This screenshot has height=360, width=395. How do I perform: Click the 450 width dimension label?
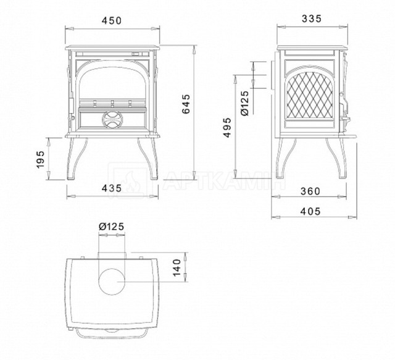click(112, 20)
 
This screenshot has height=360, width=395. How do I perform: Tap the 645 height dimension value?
click(186, 104)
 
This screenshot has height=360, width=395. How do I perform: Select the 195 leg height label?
click(40, 159)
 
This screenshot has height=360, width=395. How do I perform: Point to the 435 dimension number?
click(112, 188)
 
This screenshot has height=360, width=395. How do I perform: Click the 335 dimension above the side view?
click(312, 19)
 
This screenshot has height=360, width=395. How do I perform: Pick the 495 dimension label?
click(227, 127)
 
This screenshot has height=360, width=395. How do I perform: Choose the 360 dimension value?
click(310, 191)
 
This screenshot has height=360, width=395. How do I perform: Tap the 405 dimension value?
click(310, 211)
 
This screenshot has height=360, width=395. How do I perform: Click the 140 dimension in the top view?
click(177, 267)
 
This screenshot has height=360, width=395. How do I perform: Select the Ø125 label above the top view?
click(112, 227)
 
